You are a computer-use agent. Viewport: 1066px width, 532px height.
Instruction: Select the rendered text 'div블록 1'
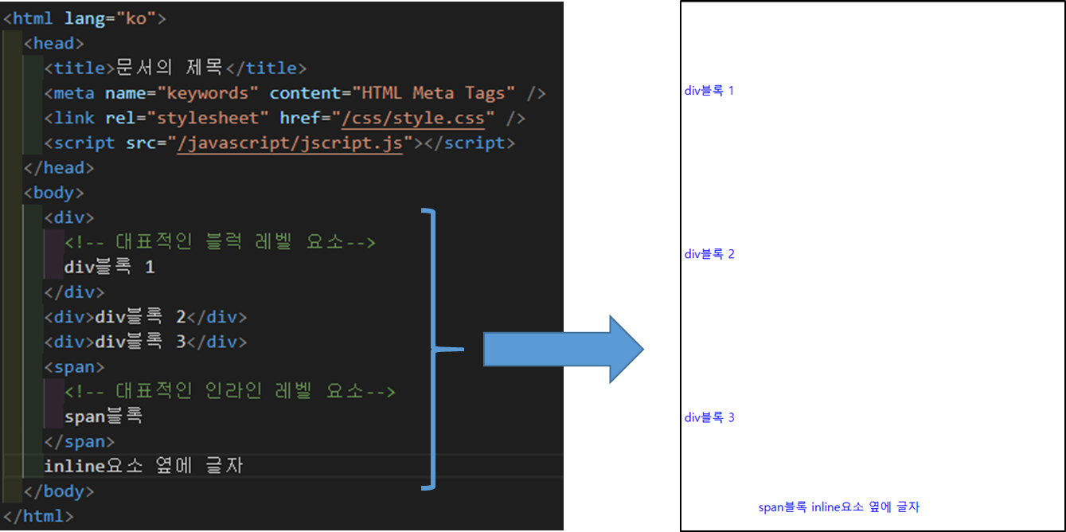pyautogui.click(x=709, y=91)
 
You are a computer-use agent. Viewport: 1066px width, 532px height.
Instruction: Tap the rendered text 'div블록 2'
pyautogui.click(x=709, y=255)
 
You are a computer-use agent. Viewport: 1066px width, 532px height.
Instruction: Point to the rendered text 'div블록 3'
pyautogui.click(x=709, y=418)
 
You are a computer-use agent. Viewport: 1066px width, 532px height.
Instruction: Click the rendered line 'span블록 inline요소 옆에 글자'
pyautogui.click(x=838, y=507)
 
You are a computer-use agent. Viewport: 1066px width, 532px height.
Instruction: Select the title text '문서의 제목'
pyautogui.click(x=172, y=68)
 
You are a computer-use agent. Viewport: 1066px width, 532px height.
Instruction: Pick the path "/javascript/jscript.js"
pyautogui.click(x=291, y=143)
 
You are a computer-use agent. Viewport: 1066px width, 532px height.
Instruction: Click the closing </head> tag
pyautogui.click(x=59, y=168)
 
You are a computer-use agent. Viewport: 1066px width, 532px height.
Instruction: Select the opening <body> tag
pyautogui.click(x=54, y=193)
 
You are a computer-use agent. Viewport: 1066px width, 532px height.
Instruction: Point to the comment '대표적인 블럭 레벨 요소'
pyautogui.click(x=219, y=242)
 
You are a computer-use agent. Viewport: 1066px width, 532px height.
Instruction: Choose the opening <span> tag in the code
pyautogui.click(x=74, y=367)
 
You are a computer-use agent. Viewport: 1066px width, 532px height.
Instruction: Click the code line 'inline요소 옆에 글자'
pyautogui.click(x=143, y=466)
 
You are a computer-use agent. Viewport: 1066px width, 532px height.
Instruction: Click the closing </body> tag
pyautogui.click(x=59, y=491)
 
